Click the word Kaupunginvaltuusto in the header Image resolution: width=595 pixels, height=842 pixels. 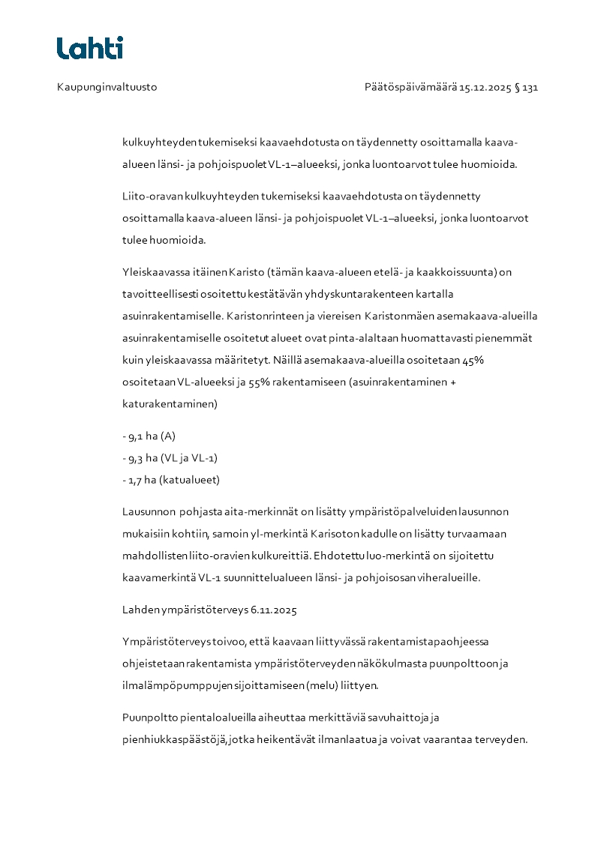click(x=107, y=87)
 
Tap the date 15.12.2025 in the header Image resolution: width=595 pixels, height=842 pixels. click(x=485, y=87)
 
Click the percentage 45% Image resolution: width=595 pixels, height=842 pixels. click(x=473, y=360)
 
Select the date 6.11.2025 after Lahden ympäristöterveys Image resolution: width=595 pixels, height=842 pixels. click(x=274, y=610)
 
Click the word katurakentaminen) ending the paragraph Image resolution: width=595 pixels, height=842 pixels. click(x=170, y=403)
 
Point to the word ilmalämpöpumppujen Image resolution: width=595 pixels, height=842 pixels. click(x=170, y=685)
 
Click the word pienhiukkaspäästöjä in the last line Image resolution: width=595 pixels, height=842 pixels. click(x=174, y=739)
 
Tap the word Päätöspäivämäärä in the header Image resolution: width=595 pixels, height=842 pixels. click(x=410, y=87)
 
